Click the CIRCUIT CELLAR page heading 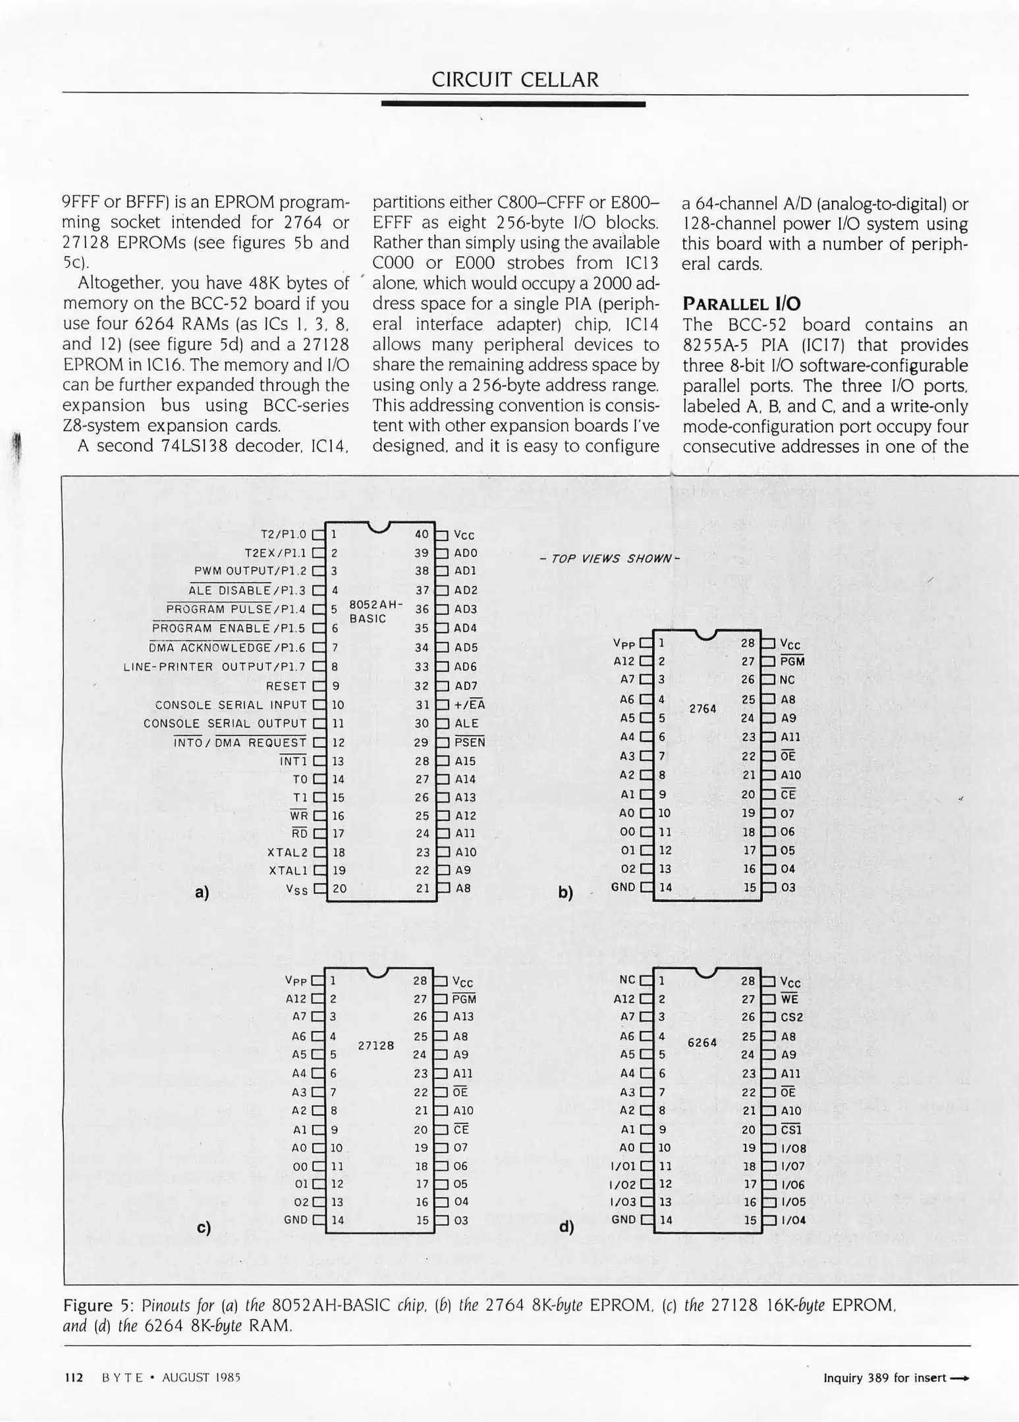click(x=515, y=80)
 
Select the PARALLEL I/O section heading click(x=741, y=303)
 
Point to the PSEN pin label click(x=470, y=743)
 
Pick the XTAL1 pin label click(x=288, y=870)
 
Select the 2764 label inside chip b click(x=702, y=708)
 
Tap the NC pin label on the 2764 click(x=787, y=680)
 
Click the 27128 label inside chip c click(x=375, y=1045)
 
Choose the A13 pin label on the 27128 click(x=463, y=1016)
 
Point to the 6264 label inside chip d click(x=702, y=1043)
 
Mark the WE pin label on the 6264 click(x=789, y=999)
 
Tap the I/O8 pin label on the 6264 click(x=793, y=1149)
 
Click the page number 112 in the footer click(x=73, y=1377)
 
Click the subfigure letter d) click(x=566, y=1226)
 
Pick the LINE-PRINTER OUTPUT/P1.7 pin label click(x=215, y=667)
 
